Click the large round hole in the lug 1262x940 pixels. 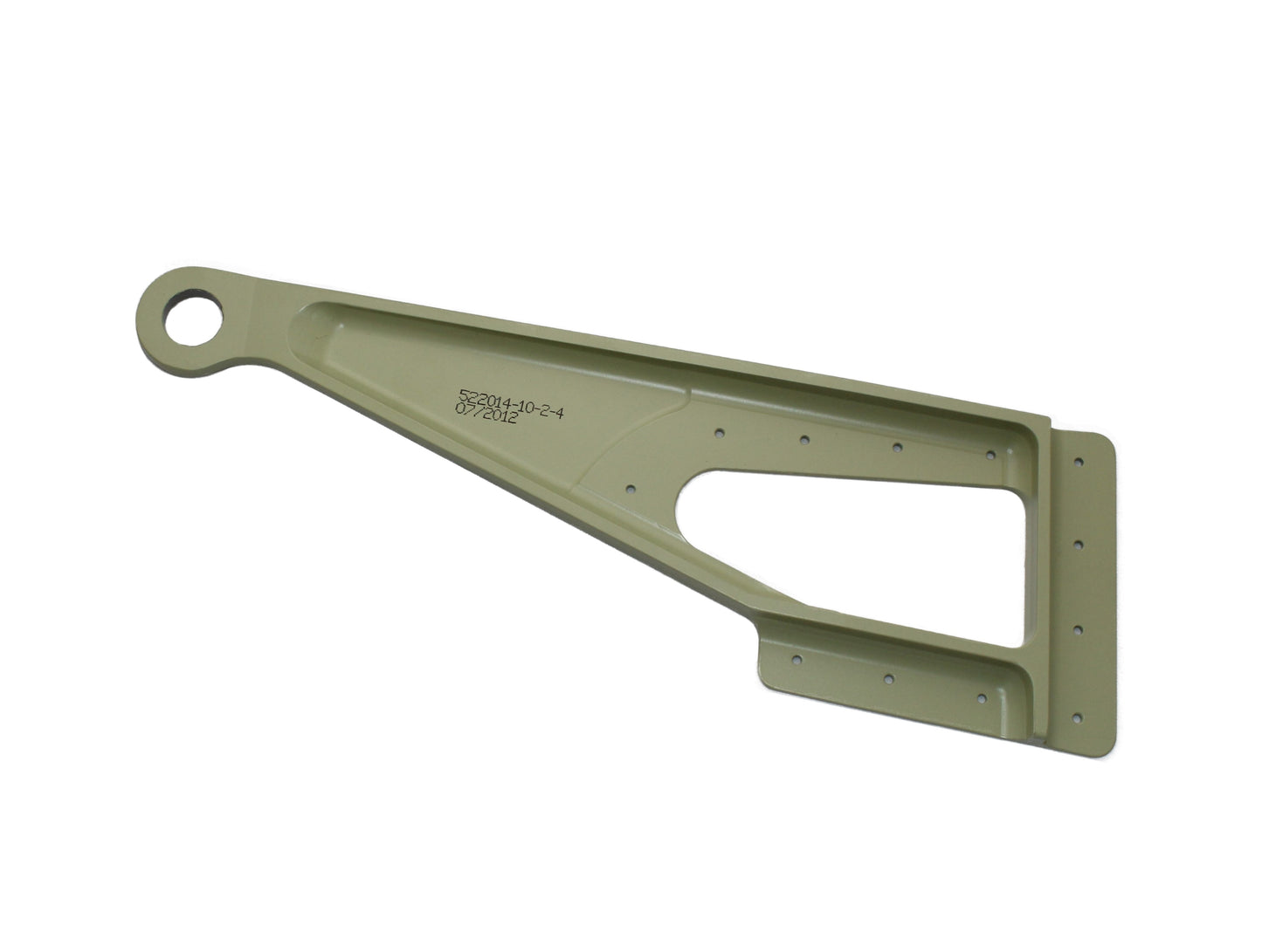(x=193, y=319)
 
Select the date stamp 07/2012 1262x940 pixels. (x=486, y=414)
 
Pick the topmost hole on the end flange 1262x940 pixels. (x=1079, y=462)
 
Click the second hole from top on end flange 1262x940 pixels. (x=1079, y=544)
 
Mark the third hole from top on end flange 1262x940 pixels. (x=1078, y=630)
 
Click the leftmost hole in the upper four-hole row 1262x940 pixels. (x=719, y=433)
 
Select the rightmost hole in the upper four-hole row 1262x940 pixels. (x=990, y=456)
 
